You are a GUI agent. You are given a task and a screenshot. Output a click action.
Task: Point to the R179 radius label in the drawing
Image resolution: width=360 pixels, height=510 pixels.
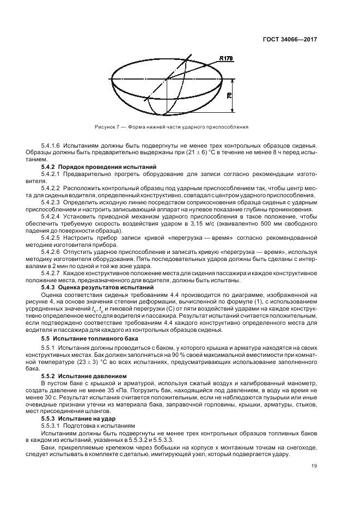pos(227,59)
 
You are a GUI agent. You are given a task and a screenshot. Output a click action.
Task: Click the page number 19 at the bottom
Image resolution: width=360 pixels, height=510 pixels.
pos(314,465)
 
